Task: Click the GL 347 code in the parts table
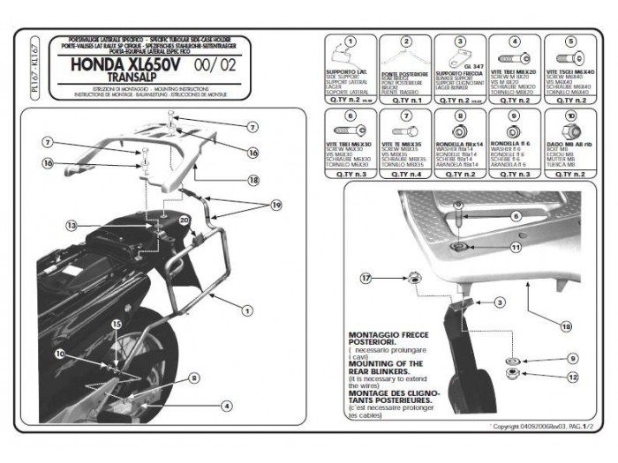click(x=471, y=64)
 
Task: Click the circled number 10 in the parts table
click(x=570, y=116)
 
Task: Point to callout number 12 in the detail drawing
click(x=572, y=377)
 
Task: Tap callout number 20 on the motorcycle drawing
click(x=185, y=219)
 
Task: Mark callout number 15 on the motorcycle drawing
click(x=116, y=325)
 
